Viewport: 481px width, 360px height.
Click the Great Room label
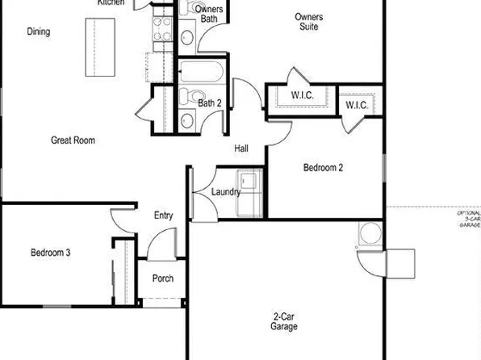[73, 140]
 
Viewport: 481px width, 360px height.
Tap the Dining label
[38, 32]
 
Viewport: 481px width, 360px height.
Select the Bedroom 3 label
[50, 253]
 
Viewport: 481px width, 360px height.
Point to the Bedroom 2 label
[323, 168]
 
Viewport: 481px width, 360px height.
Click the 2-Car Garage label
[283, 322]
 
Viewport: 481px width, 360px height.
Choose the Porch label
[162, 279]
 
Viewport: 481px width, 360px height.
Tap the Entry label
[163, 215]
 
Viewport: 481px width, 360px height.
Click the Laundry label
[225, 192]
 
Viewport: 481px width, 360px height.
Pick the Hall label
[241, 149]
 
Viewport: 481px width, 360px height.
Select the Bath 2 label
[210, 103]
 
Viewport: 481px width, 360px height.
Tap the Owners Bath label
[209, 14]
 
